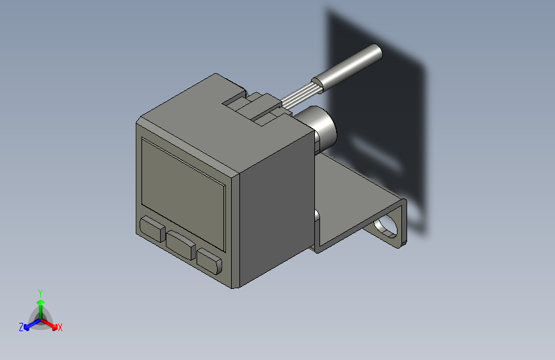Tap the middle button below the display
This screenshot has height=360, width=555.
182,245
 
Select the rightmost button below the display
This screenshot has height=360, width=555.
209,260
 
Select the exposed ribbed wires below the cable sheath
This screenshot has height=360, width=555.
301,94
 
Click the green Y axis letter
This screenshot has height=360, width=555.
40,292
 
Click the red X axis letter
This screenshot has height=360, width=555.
60,327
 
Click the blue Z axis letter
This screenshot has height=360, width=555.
21,327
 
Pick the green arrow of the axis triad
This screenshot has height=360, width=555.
40,304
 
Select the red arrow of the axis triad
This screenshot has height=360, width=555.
51,322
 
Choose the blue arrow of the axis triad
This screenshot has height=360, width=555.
29,323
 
